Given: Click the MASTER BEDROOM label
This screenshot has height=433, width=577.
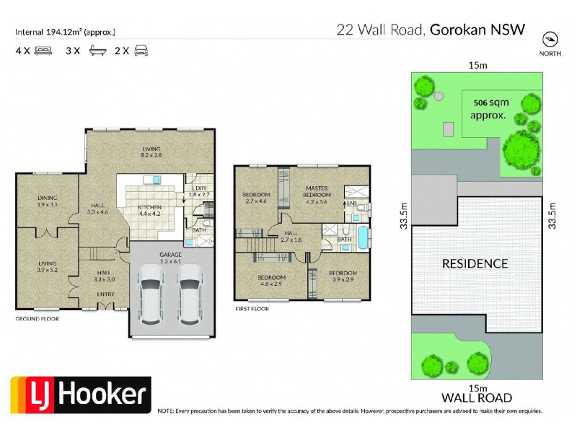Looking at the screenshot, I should (317, 191).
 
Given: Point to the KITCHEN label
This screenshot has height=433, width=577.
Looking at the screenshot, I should (150, 208).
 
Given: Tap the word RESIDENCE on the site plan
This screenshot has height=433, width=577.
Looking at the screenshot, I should (475, 263).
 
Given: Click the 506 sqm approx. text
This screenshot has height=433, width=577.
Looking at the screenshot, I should (488, 108).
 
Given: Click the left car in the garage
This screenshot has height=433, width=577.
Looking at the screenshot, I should (151, 294).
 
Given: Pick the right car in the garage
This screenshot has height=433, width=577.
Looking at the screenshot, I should (190, 294).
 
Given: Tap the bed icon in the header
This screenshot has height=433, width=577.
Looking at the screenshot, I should (43, 51).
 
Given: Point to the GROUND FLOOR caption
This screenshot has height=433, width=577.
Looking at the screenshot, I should (38, 318).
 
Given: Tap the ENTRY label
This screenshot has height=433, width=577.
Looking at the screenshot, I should (106, 294).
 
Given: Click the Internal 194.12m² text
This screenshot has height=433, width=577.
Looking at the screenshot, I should (65, 31).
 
